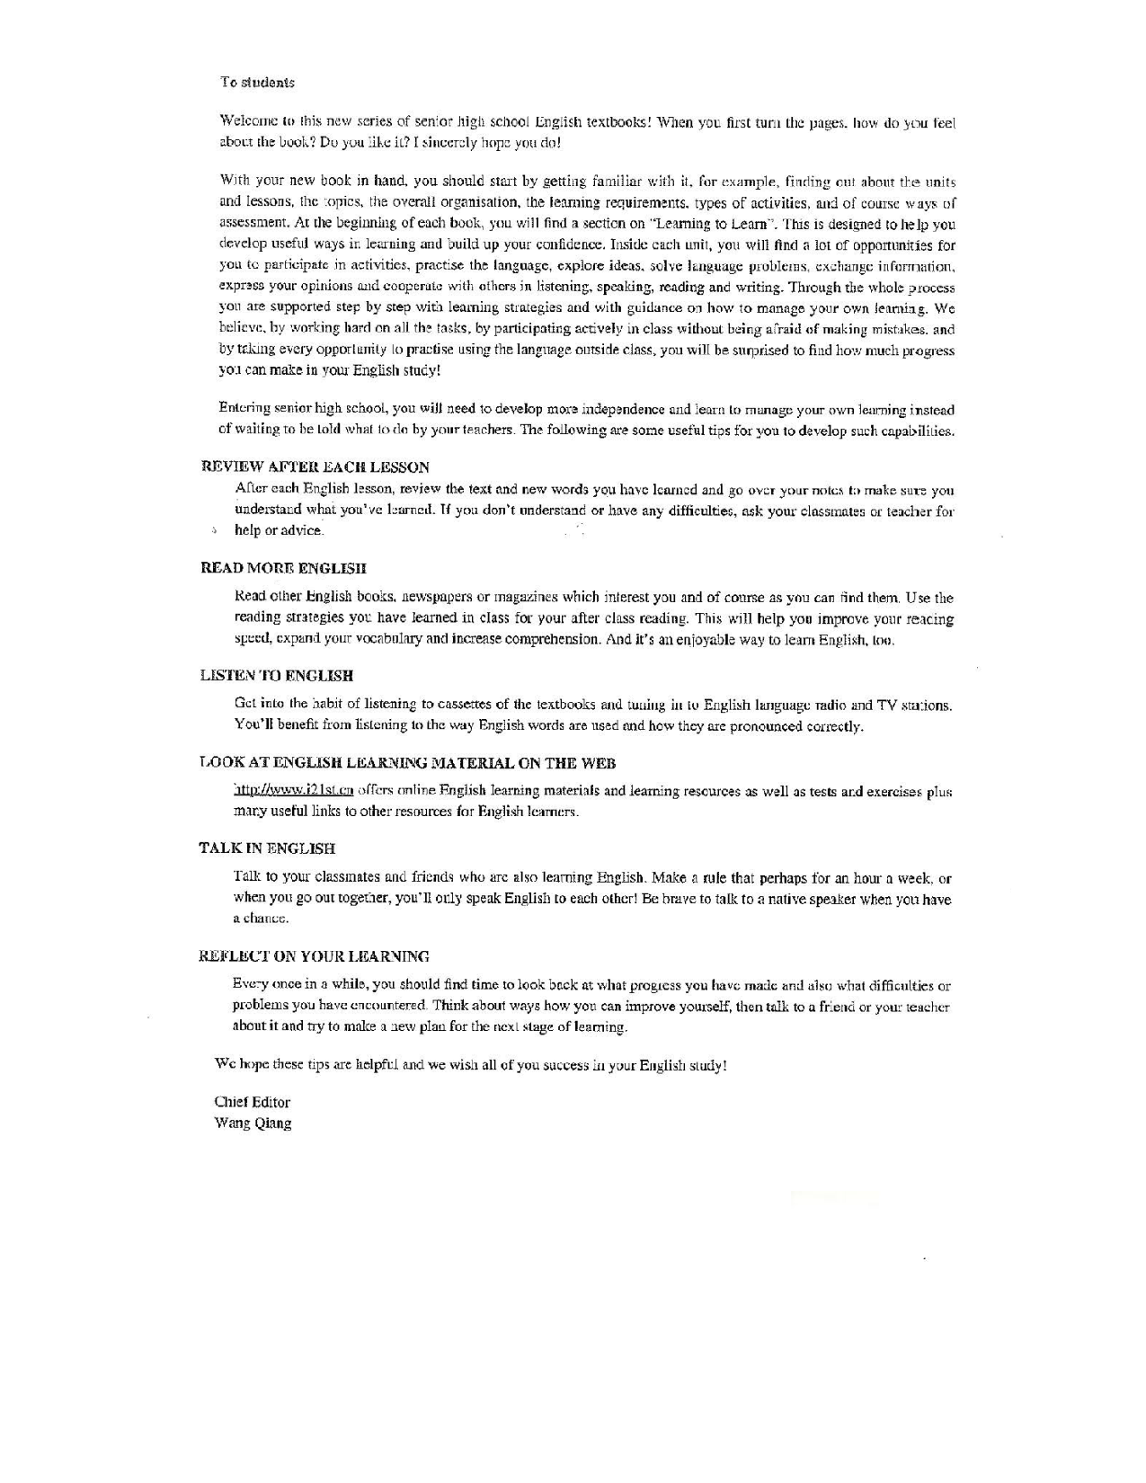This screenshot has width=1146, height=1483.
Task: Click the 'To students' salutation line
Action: click(x=257, y=83)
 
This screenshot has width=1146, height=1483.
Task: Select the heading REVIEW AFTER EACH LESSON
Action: click(x=315, y=467)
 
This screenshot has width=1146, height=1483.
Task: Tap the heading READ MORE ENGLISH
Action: click(x=283, y=568)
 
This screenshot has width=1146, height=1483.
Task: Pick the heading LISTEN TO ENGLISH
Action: click(x=276, y=676)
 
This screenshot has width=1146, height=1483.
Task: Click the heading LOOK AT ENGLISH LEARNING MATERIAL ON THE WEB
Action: click(x=407, y=763)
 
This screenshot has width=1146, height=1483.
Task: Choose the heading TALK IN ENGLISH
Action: click(x=267, y=848)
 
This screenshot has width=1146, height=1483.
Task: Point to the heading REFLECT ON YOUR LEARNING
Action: click(x=314, y=956)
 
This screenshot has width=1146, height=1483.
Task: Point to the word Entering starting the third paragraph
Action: click(x=245, y=411)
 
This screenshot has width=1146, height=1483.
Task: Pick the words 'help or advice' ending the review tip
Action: click(x=278, y=530)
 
